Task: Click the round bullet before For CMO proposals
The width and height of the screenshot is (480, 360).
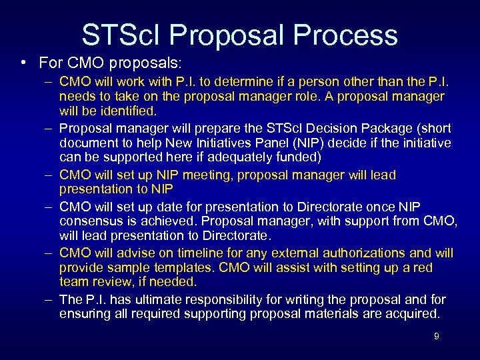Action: point(23,63)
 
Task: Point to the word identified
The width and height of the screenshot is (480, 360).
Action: point(126,111)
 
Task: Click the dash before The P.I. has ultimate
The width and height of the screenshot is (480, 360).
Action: point(51,300)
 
